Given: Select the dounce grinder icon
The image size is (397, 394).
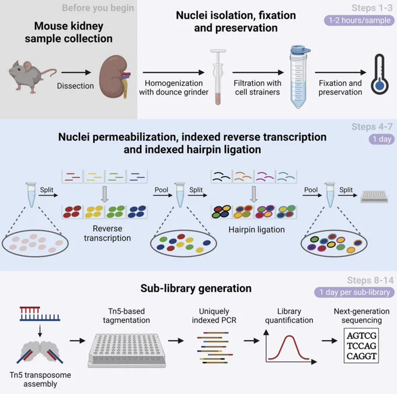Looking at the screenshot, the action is point(218,76).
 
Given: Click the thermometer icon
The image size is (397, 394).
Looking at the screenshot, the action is point(379,74).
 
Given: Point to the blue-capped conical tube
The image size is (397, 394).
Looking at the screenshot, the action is point(300,76).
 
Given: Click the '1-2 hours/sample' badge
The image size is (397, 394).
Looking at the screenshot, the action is point(359,20).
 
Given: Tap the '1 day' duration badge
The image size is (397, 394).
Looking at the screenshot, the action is point(382,139).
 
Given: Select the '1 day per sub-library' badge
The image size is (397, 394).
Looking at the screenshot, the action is point(354,292).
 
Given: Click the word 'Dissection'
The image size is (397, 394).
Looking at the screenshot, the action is point(75,86).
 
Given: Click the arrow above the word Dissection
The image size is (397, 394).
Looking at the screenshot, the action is point(76,72).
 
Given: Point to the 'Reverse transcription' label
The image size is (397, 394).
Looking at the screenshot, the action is point(107,233).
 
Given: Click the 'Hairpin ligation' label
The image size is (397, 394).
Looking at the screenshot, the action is point(256,229).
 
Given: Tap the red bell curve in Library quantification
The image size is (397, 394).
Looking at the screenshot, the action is point(289,347).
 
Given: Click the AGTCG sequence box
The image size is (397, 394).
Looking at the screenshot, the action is point(361,346).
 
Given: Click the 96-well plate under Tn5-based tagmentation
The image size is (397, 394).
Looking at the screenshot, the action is point(127,350).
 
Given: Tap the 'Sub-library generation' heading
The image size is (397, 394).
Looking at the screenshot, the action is point(196,288).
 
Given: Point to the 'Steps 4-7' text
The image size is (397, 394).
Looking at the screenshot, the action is point(372,127).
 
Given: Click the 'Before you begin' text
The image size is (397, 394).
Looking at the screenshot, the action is point(98,8).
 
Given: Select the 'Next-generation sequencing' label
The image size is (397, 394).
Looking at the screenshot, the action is point(361,316).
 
